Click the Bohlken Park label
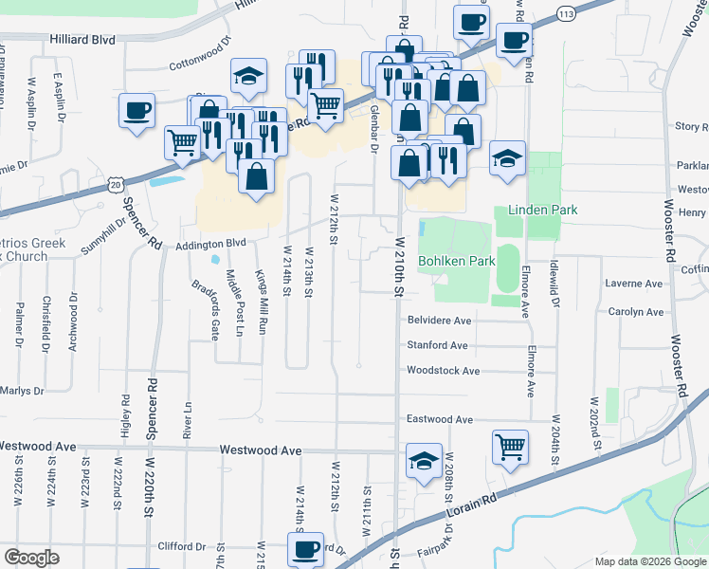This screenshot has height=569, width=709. (456, 261)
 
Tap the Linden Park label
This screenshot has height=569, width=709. (542, 210)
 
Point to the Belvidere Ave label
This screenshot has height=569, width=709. (439, 321)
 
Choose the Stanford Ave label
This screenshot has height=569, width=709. (437, 346)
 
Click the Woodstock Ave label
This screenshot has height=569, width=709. (443, 371)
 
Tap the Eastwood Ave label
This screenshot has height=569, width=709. (439, 419)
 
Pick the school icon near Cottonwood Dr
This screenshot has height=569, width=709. (248, 77)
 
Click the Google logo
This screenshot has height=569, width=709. (31, 558)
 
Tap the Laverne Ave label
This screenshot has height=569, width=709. (634, 284)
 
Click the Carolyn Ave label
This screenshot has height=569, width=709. (635, 312)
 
